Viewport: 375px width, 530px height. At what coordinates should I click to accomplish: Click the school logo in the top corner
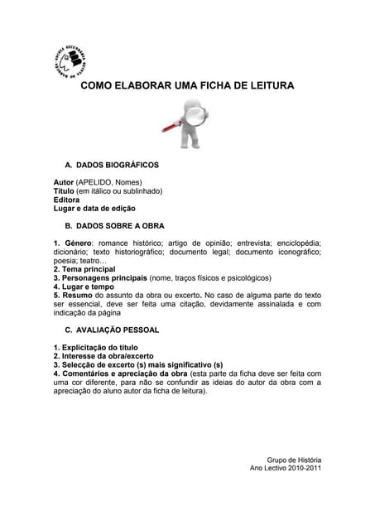(x=71, y=60)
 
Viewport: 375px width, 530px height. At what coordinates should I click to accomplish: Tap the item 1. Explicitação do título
(x=95, y=347)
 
